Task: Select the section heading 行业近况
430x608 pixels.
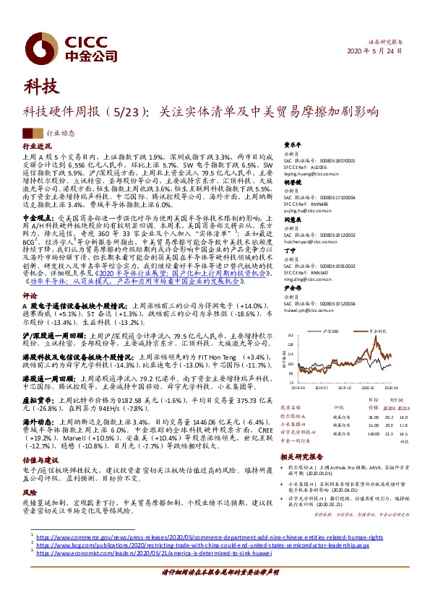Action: (36, 146)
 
